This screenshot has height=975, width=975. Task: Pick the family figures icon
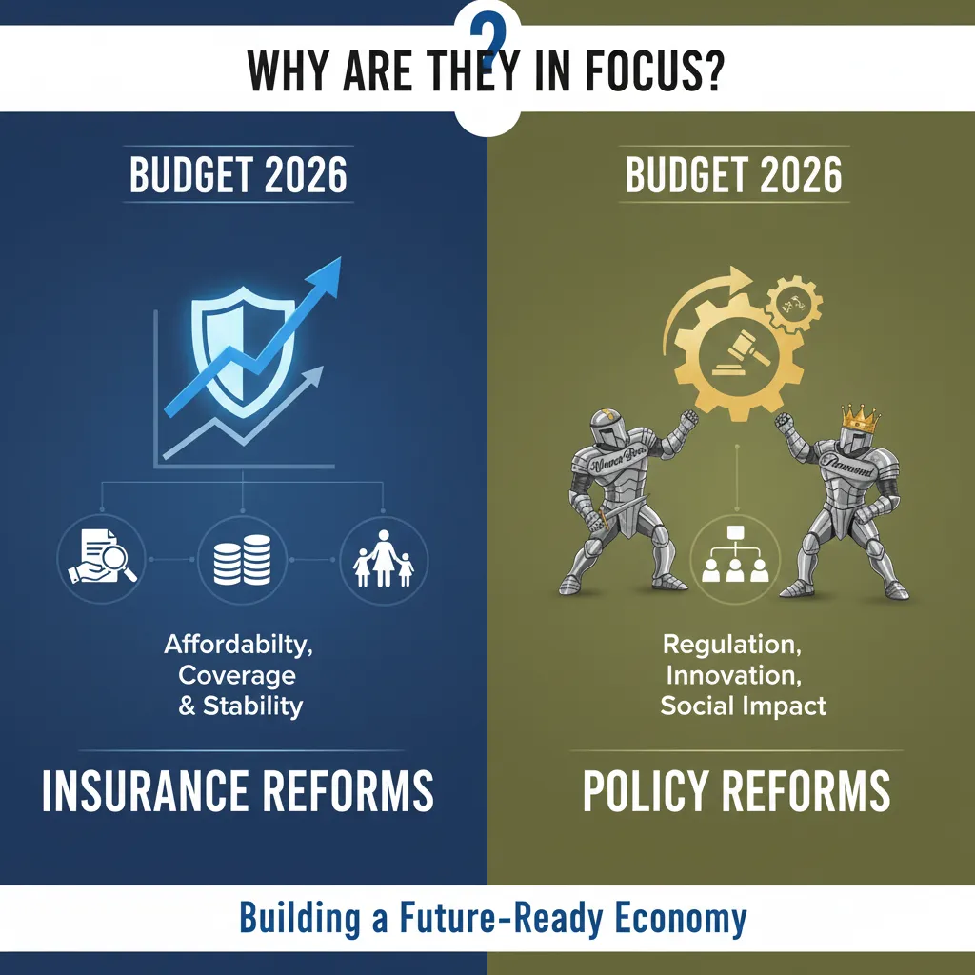pyautogui.click(x=383, y=562)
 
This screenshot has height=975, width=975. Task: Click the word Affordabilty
pyautogui.click(x=238, y=644)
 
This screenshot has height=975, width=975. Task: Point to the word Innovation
pyautogui.click(x=730, y=675)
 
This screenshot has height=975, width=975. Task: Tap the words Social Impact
pyautogui.click(x=730, y=706)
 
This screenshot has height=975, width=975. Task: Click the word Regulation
pyautogui.click(x=730, y=644)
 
